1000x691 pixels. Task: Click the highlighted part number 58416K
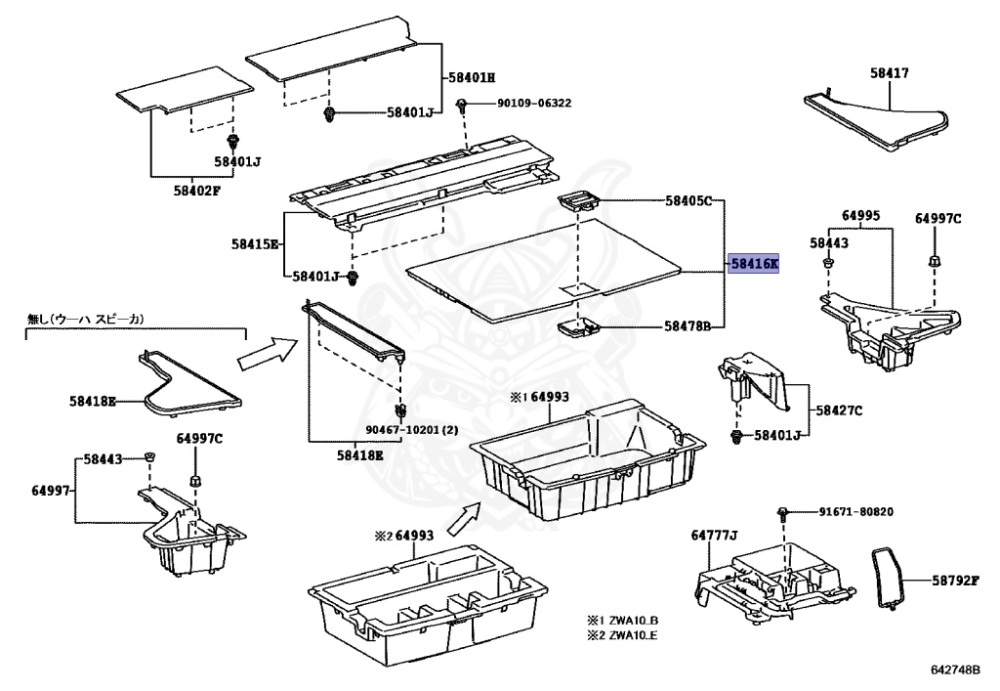coord(755,264)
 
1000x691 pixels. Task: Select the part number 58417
coord(890,72)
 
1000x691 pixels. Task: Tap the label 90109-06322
coord(534,103)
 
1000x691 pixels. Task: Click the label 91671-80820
coord(856,511)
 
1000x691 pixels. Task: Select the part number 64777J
coord(714,535)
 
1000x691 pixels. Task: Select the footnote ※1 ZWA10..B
coord(622,620)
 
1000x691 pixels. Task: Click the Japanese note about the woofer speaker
coord(86,319)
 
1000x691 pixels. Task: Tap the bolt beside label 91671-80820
coord(783,512)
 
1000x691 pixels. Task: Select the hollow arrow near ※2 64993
coord(464,518)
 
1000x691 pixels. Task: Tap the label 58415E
coord(256,243)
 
